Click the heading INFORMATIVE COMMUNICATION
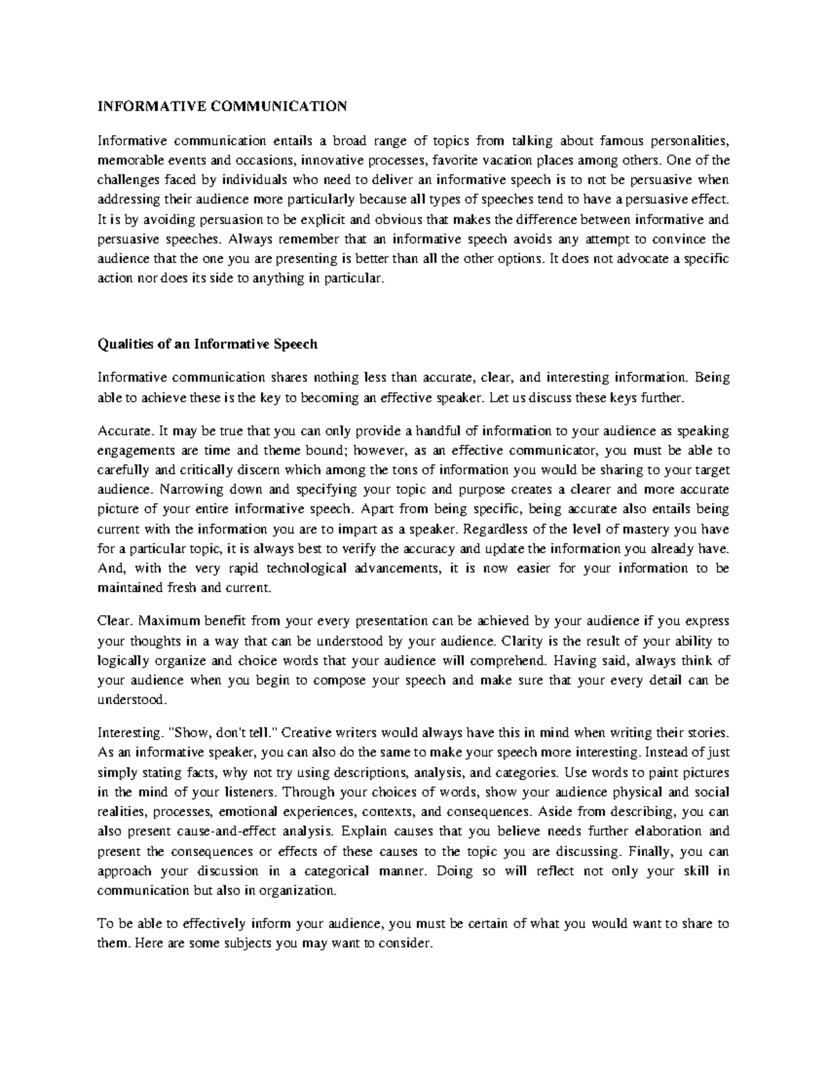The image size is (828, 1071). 221,106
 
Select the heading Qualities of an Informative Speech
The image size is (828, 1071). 207,344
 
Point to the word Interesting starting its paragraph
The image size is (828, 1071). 126,732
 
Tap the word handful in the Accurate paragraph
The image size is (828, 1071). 435,431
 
